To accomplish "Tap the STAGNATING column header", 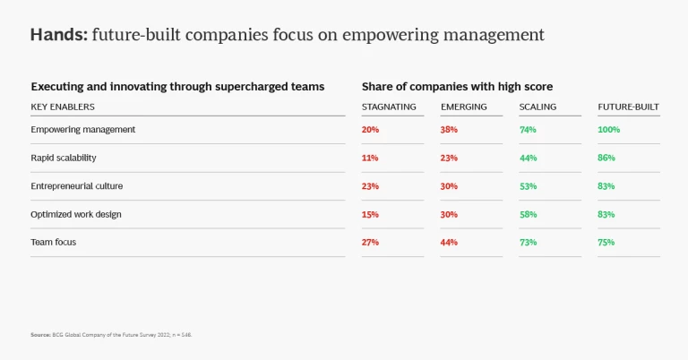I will pos(389,107).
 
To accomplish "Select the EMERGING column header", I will pos(463,107).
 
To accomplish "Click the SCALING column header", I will pos(537,107).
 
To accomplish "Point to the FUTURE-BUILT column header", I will pos(628,107).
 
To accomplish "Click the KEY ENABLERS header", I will pos(63,107).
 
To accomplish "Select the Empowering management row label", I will pos(82,129).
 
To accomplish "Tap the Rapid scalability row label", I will pos(64,158).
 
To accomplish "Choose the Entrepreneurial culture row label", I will pos(77,186).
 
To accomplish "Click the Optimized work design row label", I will pos(76,214).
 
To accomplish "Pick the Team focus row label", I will pos(54,243).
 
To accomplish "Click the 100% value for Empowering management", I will pos(609,129).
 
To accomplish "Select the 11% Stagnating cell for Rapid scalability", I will pos(370,158).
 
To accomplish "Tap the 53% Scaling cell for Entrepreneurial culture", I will pos(528,186).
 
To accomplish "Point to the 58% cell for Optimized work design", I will pos(528,214).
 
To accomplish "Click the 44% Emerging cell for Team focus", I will pos(450,243).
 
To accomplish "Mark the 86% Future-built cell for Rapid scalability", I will pos(606,158).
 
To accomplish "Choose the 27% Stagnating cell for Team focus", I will pos(370,243).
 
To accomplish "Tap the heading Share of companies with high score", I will pos(457,87).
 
